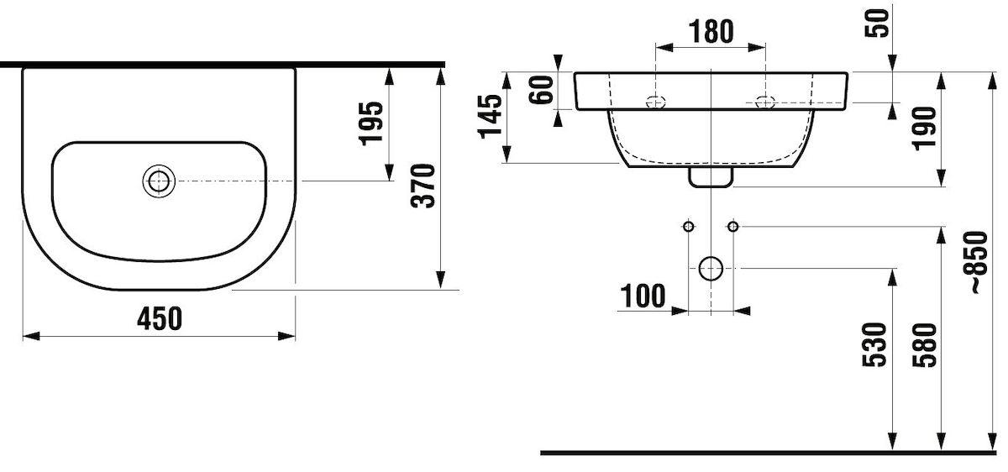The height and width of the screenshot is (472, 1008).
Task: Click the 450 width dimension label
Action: point(160,318)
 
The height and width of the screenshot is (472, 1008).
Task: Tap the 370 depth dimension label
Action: point(423,186)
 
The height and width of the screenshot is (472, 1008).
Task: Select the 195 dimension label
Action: point(371,123)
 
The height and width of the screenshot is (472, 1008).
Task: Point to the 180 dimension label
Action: point(711,32)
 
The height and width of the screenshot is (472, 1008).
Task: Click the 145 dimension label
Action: point(490,116)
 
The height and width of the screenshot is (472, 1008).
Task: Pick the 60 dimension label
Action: point(540,90)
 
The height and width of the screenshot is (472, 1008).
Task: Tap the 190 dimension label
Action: point(924,128)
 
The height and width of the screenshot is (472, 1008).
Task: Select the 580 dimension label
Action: point(924,345)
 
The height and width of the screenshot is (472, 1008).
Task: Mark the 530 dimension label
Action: point(874,345)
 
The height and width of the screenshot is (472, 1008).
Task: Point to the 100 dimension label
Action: point(643,296)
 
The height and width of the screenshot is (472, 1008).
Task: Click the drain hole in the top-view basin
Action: point(159,181)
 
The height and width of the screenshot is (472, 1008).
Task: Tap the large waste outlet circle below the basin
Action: point(711,269)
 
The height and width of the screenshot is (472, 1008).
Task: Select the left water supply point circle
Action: point(689,226)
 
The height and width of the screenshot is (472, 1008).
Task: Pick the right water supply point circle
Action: point(733,226)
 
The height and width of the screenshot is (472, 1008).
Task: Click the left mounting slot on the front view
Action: point(656,102)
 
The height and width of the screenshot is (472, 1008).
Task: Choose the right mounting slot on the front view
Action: point(765,102)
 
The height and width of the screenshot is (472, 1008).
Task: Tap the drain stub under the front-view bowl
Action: point(711,177)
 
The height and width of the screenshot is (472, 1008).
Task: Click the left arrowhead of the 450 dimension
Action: point(31,336)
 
